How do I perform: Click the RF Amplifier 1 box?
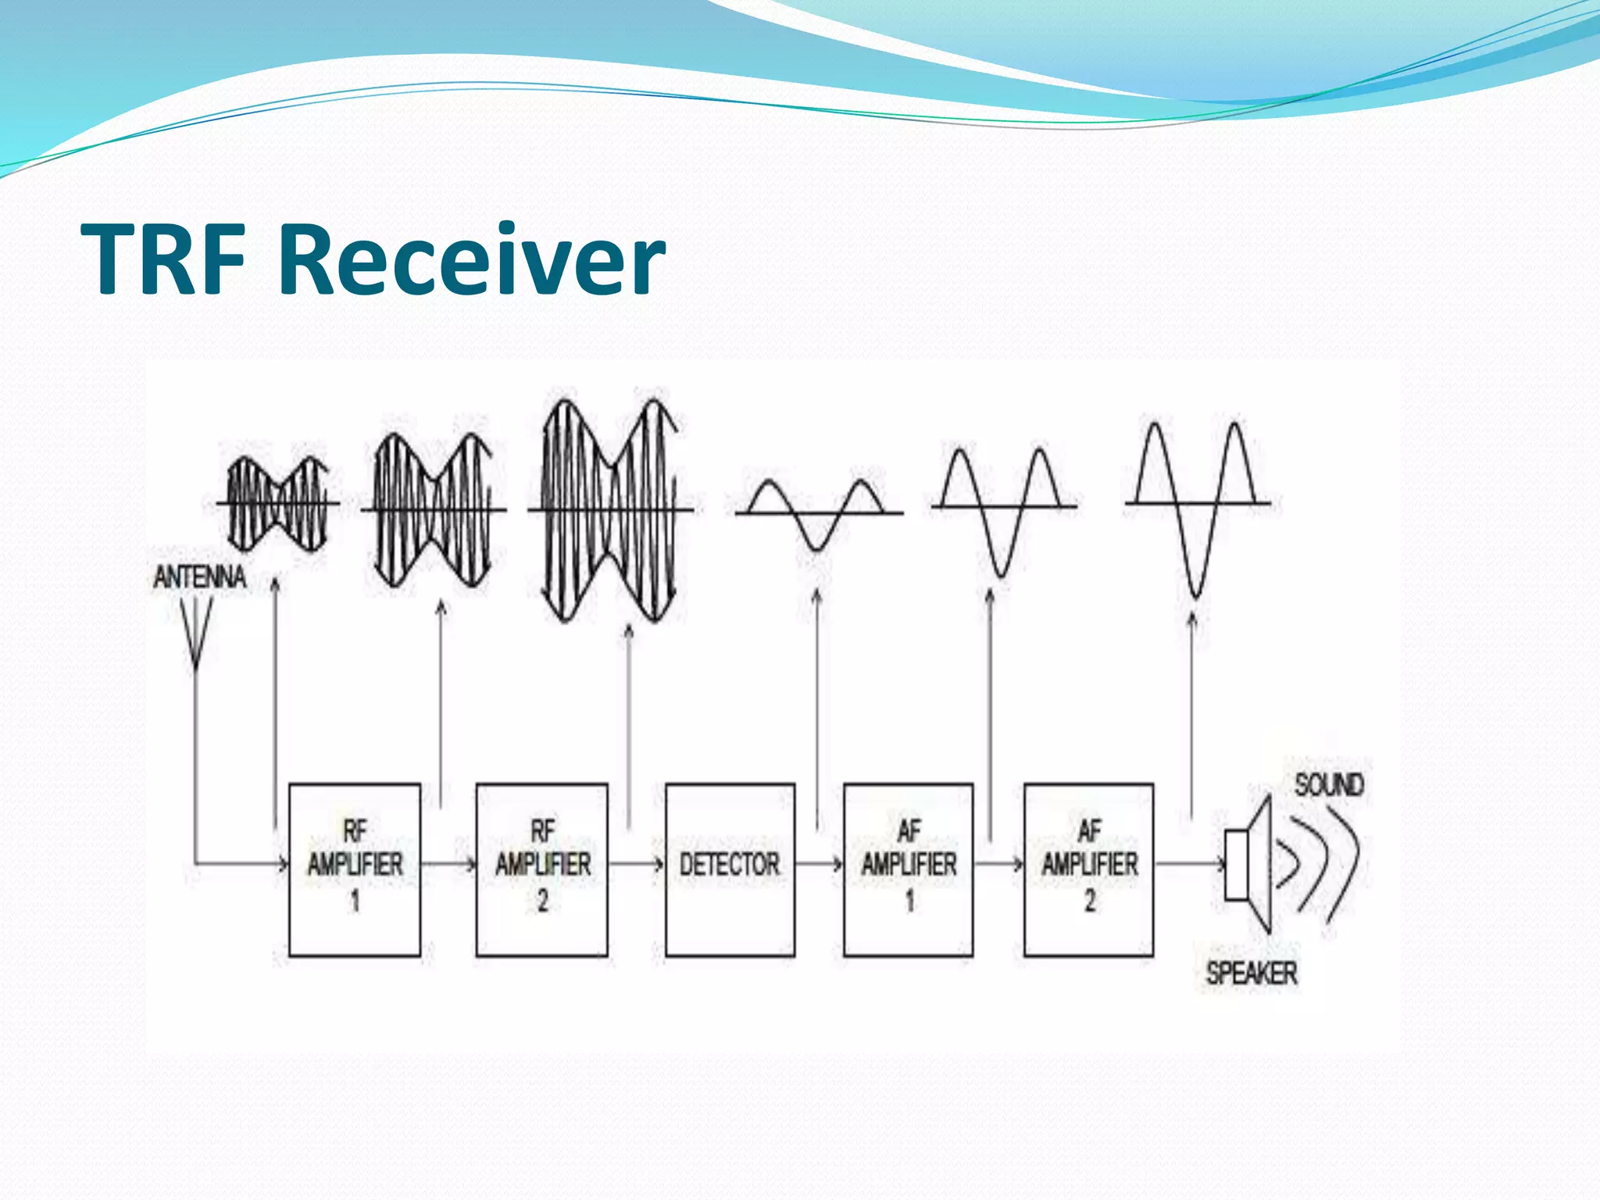click(x=355, y=869)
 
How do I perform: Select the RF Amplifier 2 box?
click(x=541, y=869)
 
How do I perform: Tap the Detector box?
click(x=730, y=869)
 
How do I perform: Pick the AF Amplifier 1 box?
click(x=909, y=869)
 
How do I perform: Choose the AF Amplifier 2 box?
click(x=1089, y=869)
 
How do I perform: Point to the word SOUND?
click(x=1329, y=784)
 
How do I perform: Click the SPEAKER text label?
click(x=1252, y=973)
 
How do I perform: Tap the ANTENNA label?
click(x=200, y=577)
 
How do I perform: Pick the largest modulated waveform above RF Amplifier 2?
click(x=610, y=509)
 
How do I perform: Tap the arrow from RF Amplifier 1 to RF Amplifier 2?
click(x=448, y=864)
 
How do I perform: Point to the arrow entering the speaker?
click(x=1189, y=864)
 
